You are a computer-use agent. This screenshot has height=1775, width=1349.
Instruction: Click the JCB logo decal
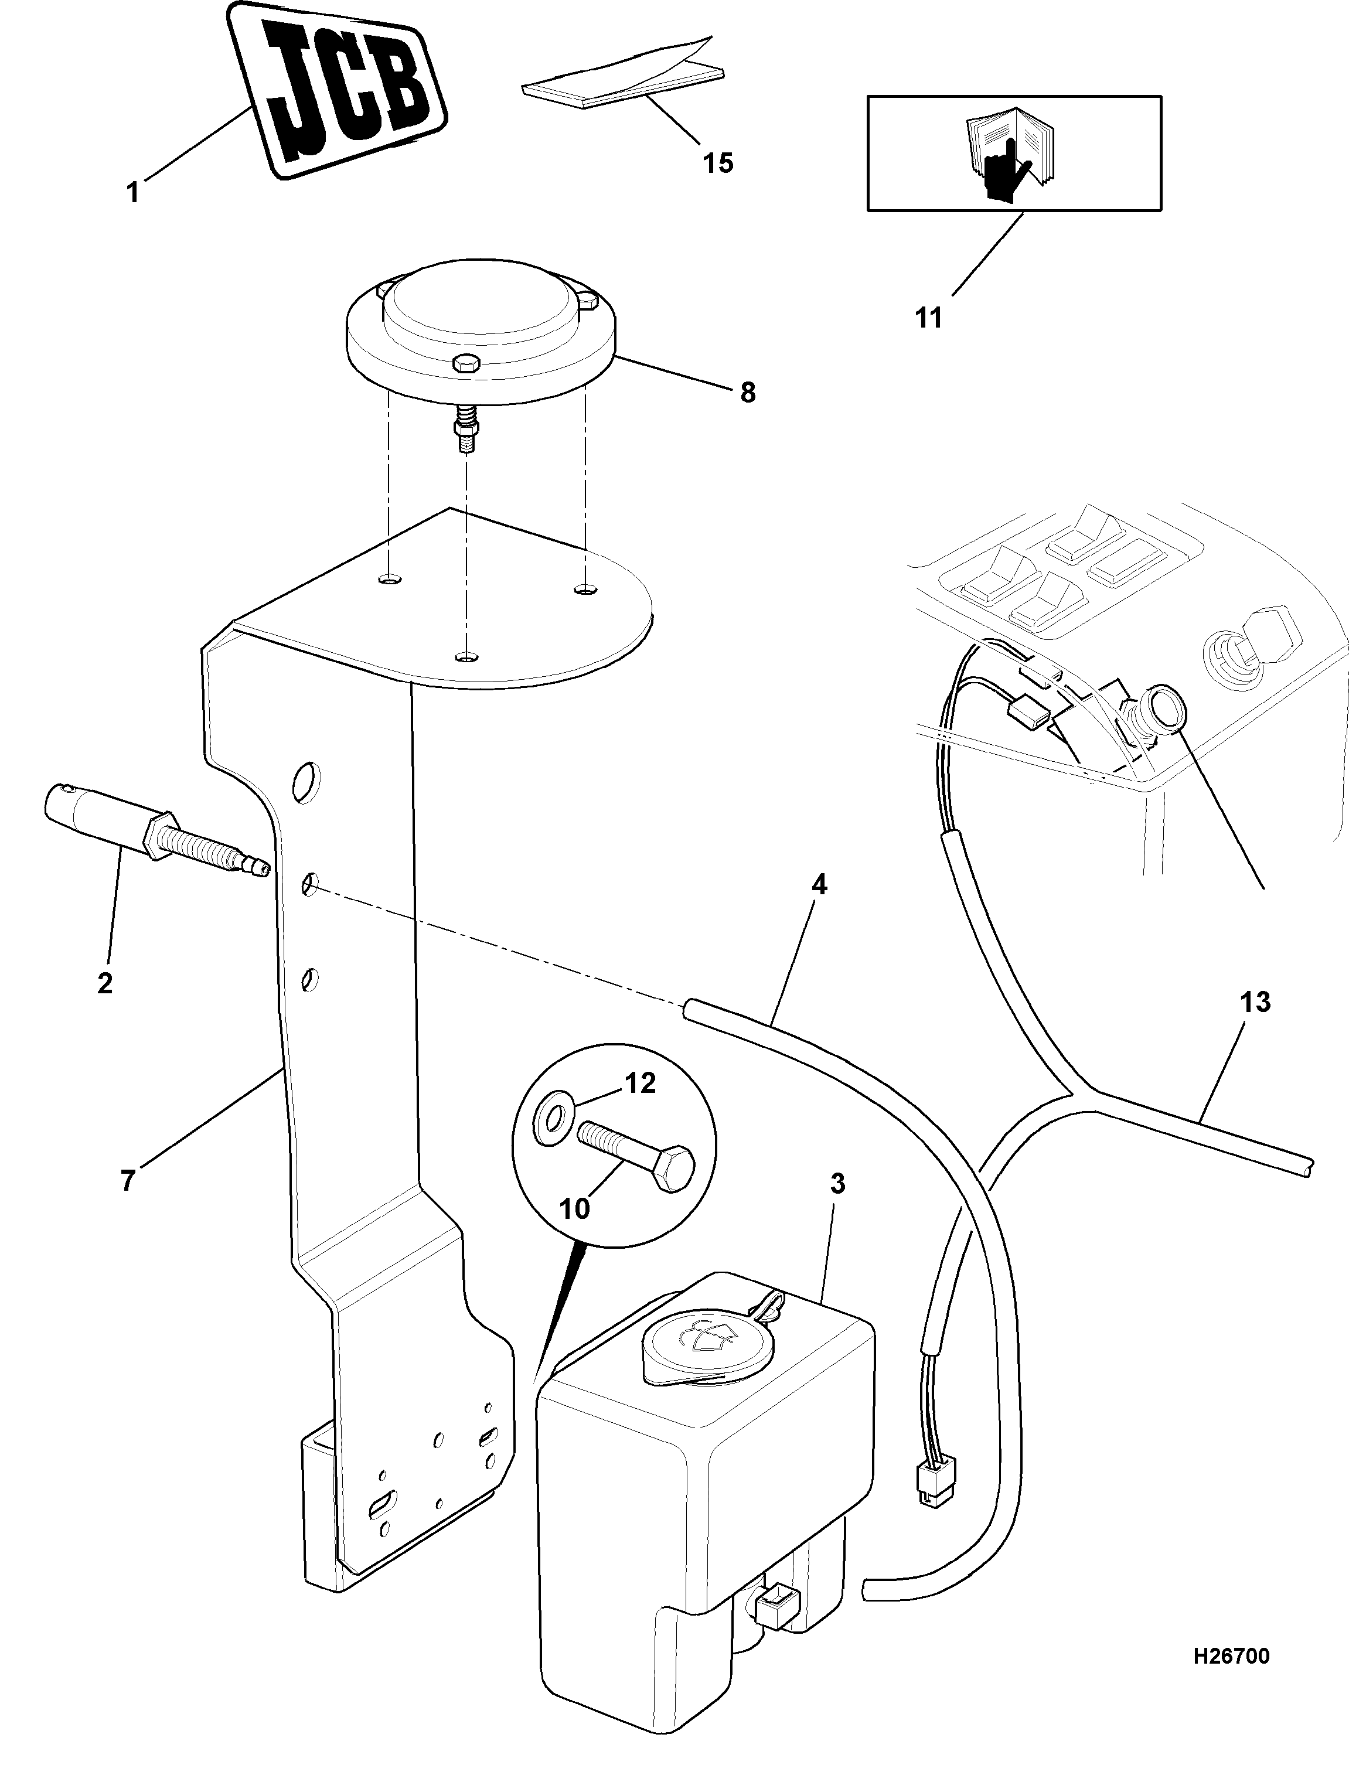coord(338,90)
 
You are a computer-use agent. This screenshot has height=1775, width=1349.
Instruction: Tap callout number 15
coord(718,163)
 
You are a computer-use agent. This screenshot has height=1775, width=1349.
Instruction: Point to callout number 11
coord(928,318)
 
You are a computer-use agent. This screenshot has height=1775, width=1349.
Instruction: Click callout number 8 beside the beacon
coord(748,393)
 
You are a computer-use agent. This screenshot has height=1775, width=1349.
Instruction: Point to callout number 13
coord(1256,1002)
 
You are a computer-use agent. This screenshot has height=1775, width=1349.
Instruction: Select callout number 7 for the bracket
coord(128,1181)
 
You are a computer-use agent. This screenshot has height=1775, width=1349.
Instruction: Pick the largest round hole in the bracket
coord(306,781)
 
